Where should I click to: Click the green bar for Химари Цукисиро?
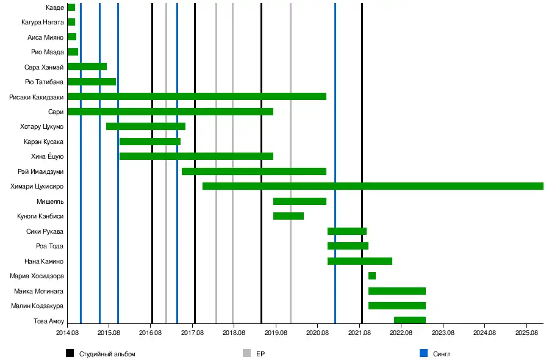pos(372,186)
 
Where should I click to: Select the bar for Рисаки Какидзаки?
pos(196,96)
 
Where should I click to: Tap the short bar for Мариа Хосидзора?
pos(372,276)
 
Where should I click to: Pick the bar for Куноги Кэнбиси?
pos(289,216)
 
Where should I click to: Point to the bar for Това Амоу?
pos(410,320)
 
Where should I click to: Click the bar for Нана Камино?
pos(360,261)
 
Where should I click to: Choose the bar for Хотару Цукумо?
pos(146,126)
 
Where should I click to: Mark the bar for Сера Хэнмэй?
pos(87,67)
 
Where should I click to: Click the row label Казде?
pos(55,7)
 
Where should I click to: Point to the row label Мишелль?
pos(51,201)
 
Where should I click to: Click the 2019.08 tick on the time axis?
pos(276,333)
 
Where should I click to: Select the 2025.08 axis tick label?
pos(526,333)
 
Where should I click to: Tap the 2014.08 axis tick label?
pos(67,333)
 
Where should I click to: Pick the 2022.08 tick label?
pos(401,333)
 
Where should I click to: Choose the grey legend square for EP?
pos(246,353)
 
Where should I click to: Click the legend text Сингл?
pos(442,353)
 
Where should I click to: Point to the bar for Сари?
pos(170,112)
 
